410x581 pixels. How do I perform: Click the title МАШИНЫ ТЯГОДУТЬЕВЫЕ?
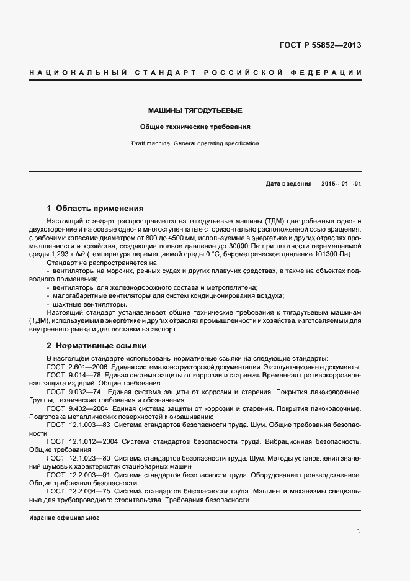pos(195,110)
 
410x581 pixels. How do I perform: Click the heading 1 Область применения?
pos(96,209)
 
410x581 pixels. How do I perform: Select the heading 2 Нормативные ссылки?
pos(96,345)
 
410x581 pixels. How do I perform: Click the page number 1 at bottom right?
pos(359,530)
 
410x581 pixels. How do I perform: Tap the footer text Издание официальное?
pos(65,517)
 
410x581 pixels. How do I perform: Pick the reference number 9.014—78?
pos(83,376)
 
